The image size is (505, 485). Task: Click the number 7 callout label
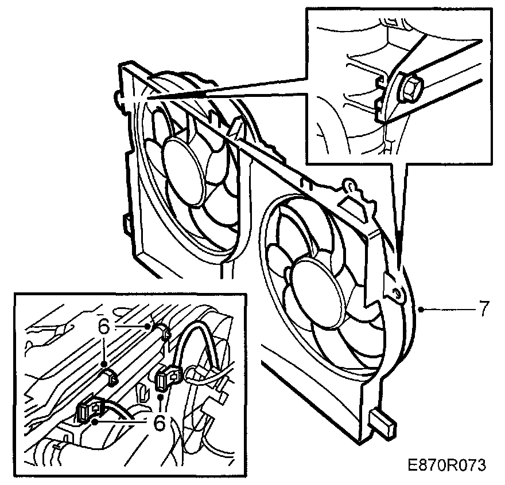[x=483, y=310]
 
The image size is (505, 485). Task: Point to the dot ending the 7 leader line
[x=421, y=310]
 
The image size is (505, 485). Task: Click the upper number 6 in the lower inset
[x=103, y=326]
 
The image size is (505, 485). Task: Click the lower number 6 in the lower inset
[x=160, y=423]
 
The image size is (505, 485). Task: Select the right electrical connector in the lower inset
[x=166, y=378]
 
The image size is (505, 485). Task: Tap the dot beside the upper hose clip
[x=150, y=326]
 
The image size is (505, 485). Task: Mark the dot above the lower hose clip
[x=104, y=363]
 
